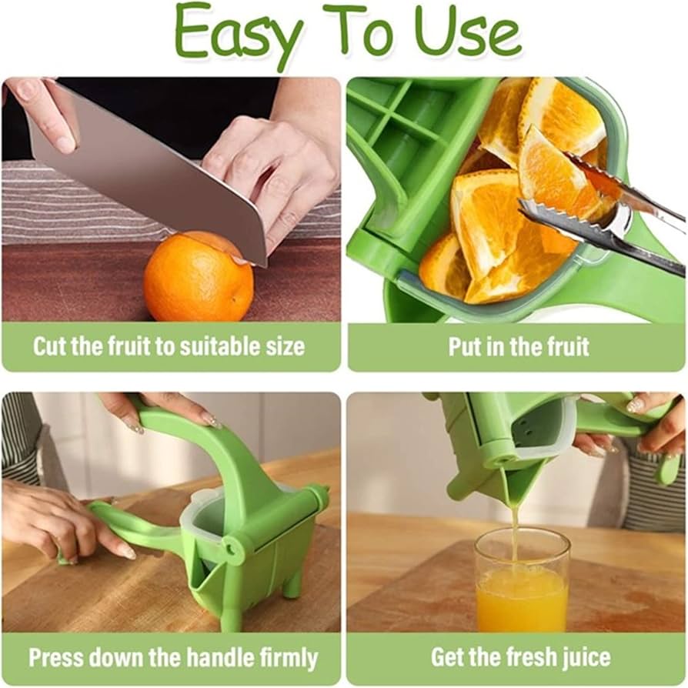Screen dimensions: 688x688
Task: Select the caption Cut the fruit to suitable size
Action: [169, 346]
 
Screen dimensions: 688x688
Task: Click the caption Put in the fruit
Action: [519, 346]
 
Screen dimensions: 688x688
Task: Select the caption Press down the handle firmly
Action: [172, 658]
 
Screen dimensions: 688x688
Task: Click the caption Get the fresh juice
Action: [520, 658]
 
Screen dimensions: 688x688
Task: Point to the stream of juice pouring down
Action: [514, 523]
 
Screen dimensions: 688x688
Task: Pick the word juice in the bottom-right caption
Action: [582, 658]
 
